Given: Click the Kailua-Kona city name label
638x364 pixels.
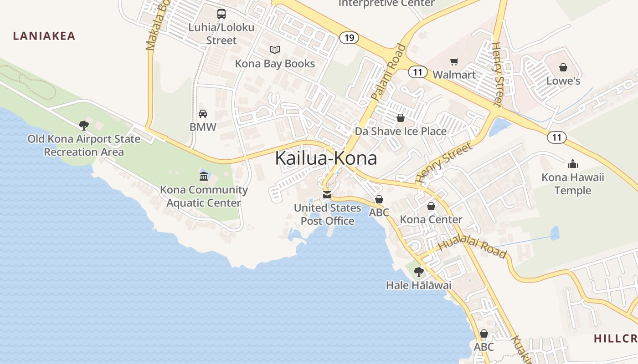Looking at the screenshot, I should tap(326, 158).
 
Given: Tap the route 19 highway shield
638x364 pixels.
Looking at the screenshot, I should tap(349, 37).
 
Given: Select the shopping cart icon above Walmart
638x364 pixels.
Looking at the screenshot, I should tap(454, 61).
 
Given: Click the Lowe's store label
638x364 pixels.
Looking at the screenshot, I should tap(563, 81).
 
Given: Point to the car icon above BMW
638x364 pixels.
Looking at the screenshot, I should tap(203, 113).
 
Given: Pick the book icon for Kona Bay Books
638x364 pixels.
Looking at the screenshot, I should tap(274, 50).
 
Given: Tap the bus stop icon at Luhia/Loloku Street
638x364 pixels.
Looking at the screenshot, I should tap(221, 14).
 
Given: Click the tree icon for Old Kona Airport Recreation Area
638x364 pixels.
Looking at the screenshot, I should tap(83, 125).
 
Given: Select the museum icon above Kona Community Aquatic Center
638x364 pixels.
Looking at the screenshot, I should tap(204, 176).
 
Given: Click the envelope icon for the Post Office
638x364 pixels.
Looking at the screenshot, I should tap(327, 195).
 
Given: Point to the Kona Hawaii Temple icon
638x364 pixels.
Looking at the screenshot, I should tap(573, 164).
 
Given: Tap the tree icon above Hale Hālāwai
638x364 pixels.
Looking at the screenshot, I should tap(418, 272).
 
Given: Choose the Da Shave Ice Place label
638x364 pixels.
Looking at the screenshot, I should tap(401, 131).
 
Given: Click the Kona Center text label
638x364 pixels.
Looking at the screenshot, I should tap(431, 219).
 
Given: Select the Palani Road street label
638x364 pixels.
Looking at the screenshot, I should tap(388, 72).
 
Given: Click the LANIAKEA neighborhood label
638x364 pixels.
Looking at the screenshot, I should tap(44, 36).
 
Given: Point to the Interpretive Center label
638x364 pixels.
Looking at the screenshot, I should tap(386, 3).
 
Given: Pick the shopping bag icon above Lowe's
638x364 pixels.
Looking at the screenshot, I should tap(563, 67).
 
